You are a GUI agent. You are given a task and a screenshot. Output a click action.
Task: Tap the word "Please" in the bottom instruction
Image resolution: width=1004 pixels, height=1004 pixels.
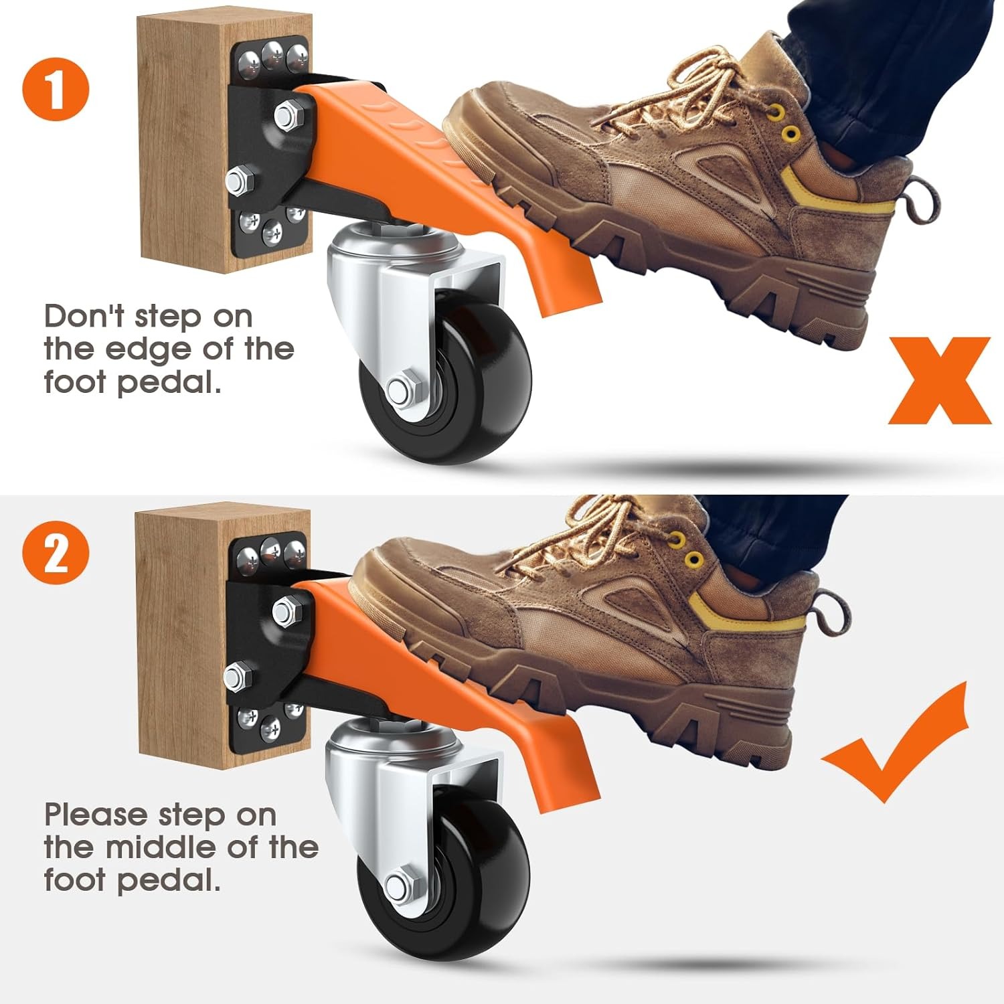(x=96, y=815)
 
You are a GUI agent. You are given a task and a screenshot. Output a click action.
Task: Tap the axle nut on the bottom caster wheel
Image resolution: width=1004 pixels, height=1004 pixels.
(x=398, y=887)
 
